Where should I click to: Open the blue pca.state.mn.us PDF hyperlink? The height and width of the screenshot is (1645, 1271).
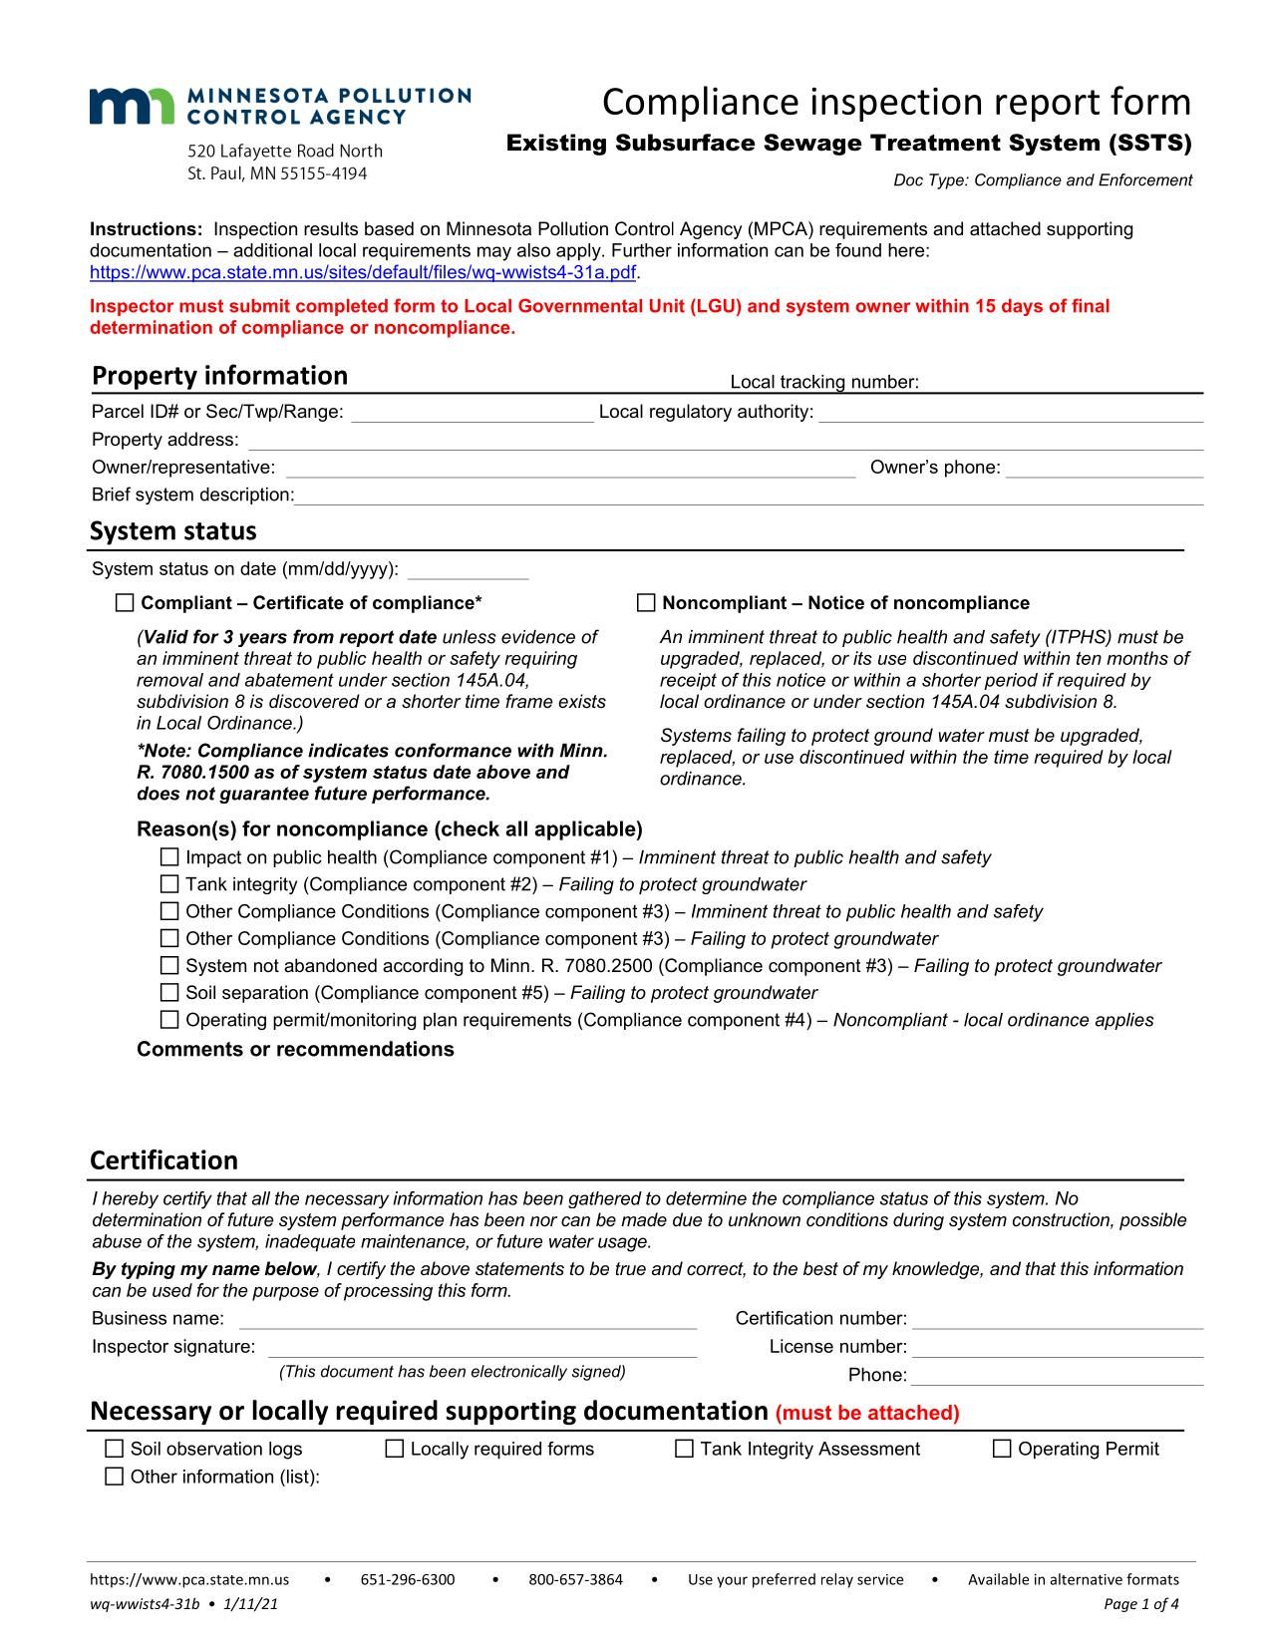[x=362, y=272]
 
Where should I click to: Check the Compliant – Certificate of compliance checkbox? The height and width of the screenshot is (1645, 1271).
[x=125, y=602]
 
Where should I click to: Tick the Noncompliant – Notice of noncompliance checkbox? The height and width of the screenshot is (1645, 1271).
[x=646, y=602]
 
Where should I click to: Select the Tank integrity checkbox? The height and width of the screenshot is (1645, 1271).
[x=169, y=884]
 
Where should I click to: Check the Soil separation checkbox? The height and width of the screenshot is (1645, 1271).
[x=169, y=993]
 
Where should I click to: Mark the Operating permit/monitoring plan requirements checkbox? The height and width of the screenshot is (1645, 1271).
[x=169, y=1020]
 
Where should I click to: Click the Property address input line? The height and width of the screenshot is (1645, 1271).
[x=724, y=441]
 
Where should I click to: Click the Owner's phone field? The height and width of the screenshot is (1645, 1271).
[x=1104, y=468]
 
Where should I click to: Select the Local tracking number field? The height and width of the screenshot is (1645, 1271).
[x=1061, y=383]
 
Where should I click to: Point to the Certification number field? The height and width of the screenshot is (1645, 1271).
[x=1057, y=1319]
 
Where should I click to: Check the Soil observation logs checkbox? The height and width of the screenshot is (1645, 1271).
[x=115, y=1449]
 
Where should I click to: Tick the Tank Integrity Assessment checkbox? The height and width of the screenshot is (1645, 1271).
[x=684, y=1449]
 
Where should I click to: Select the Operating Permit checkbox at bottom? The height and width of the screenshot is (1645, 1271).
[x=1002, y=1449]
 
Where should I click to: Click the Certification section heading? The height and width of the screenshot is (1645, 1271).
[x=164, y=1160]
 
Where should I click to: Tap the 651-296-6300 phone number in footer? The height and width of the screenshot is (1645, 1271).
[x=407, y=1579]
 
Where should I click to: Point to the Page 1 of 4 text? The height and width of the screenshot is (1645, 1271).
[x=1141, y=1604]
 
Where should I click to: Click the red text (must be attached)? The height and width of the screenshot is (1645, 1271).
[x=866, y=1413]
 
